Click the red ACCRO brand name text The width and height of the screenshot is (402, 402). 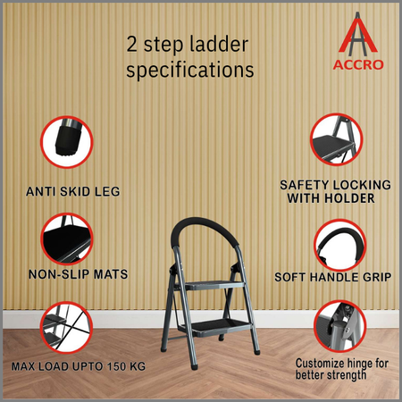pos(358,64)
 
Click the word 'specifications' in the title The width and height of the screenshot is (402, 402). pos(190,70)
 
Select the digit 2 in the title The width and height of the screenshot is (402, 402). pos(131,44)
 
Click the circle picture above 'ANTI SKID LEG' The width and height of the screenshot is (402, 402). pos(67,142)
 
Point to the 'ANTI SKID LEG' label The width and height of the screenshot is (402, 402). pos(73,191)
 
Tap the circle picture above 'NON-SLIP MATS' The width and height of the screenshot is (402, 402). pos(67,239)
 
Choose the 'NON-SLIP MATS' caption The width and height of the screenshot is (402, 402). pos(78,274)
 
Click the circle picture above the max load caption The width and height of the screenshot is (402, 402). pos(66,327)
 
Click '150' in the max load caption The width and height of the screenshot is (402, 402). pos(117,366)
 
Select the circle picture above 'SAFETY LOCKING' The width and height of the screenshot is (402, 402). pos(336,139)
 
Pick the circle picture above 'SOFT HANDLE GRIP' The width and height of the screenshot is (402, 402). pos(340,246)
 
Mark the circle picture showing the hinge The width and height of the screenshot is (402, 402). pos(340,326)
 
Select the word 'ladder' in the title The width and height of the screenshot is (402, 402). pos(219,44)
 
